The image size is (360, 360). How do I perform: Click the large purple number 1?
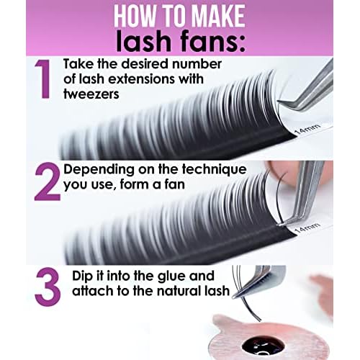[44, 79]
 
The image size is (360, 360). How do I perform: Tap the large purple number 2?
[48, 181]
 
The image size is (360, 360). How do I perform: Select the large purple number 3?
[48, 287]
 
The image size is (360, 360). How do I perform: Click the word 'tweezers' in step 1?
[91, 94]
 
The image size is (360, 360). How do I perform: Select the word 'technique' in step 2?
[214, 170]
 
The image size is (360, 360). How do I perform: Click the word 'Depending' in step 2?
[99, 170]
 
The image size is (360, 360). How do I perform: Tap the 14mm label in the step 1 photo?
[307, 129]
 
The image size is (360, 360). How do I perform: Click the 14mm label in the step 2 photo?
[307, 228]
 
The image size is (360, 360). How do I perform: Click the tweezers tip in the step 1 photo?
[279, 102]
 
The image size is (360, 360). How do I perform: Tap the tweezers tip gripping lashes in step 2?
[279, 225]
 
